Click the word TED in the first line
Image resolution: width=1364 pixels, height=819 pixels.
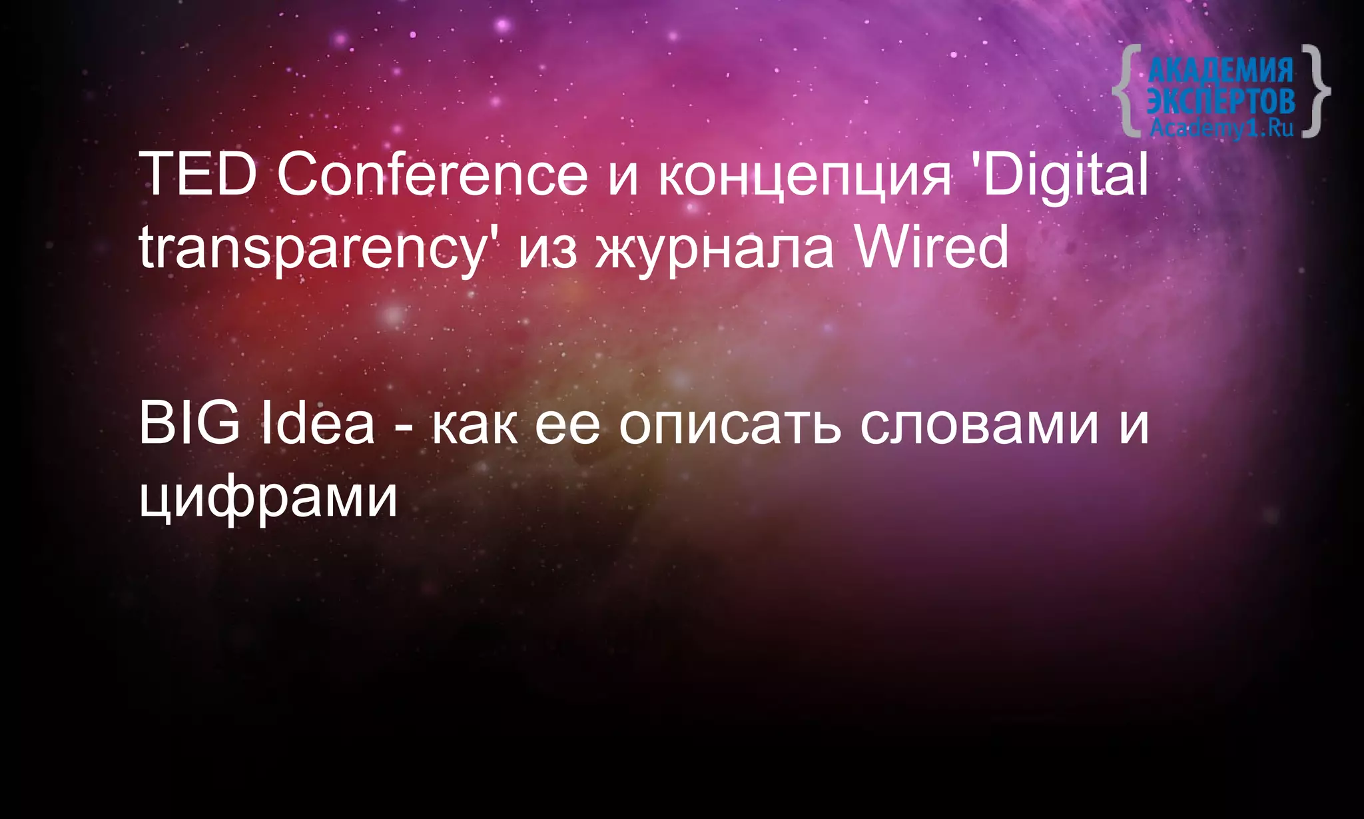(x=198, y=175)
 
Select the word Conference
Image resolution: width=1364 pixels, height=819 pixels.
(x=432, y=175)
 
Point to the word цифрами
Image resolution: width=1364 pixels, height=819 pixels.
(x=268, y=498)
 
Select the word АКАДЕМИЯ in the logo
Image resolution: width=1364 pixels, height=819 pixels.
(x=1220, y=70)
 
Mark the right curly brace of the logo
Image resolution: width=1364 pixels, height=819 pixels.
(x=1315, y=91)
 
